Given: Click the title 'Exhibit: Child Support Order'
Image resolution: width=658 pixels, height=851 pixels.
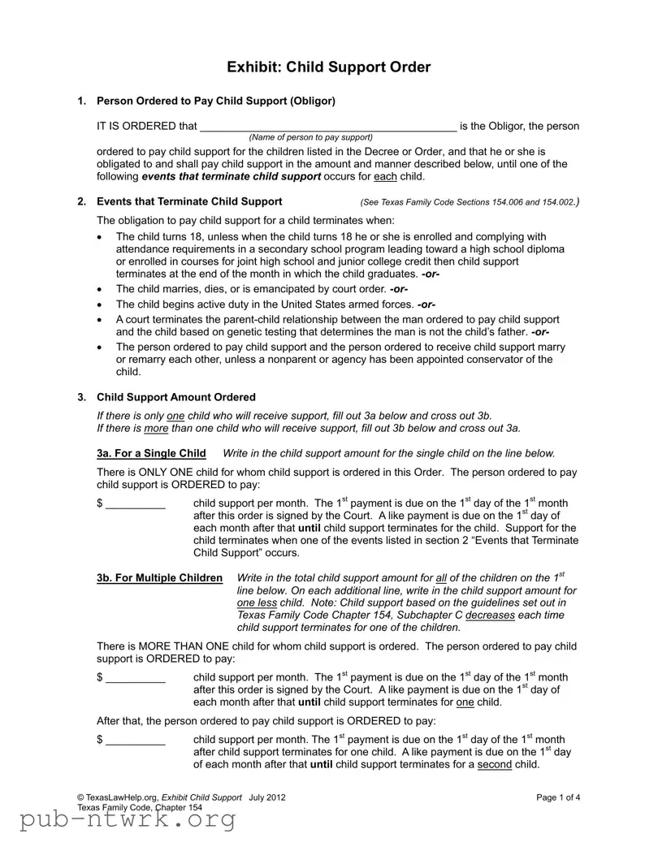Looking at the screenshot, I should pyautogui.click(x=329, y=67).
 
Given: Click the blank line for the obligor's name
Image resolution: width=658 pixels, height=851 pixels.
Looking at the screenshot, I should pyautogui.click(x=327, y=127).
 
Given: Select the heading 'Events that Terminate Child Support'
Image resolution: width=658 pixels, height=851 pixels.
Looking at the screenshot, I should pyautogui.click(x=189, y=201).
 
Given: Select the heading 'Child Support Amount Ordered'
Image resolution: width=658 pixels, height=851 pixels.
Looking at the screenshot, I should pyautogui.click(x=176, y=397).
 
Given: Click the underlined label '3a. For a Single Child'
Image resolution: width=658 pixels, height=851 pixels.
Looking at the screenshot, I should pyautogui.click(x=151, y=453).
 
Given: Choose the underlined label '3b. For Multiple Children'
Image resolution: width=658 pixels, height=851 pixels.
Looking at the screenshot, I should pyautogui.click(x=159, y=577).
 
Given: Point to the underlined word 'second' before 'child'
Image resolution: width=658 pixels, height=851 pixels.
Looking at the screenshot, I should pyautogui.click(x=494, y=765).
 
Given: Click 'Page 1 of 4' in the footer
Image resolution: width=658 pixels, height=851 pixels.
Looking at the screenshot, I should pyautogui.click(x=558, y=797).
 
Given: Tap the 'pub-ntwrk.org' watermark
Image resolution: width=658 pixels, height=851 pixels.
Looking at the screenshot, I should pyautogui.click(x=118, y=822).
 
